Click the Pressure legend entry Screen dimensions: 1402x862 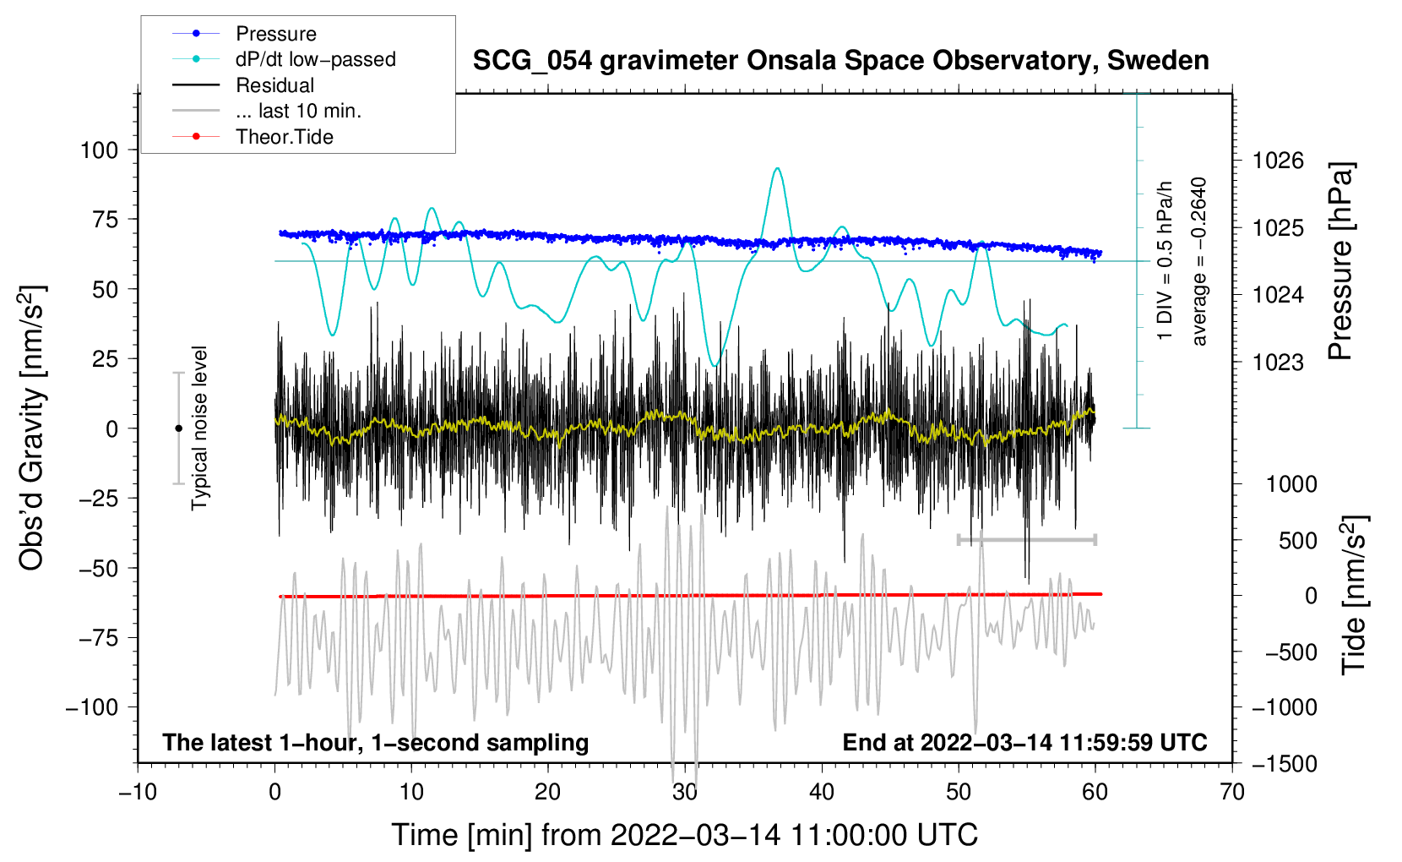[x=244, y=33]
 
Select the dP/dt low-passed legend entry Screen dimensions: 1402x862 [x=284, y=59]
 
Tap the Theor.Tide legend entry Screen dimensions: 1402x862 [x=253, y=137]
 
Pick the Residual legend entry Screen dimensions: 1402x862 [x=243, y=85]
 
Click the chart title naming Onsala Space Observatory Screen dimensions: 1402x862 [x=840, y=60]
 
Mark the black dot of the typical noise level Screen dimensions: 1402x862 [x=178, y=428]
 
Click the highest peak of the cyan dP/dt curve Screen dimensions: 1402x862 [x=777, y=168]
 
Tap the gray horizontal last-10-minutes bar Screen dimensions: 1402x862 [x=1026, y=539]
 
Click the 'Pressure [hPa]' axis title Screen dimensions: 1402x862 [x=1340, y=261]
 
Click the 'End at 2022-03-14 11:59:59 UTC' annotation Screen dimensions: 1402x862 [x=1024, y=742]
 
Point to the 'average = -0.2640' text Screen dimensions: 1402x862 [x=1198, y=261]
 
